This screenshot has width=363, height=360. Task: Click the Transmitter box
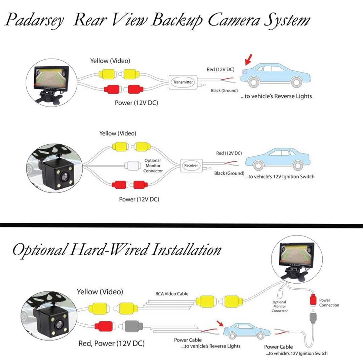point(183,82)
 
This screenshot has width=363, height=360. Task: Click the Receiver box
point(191,165)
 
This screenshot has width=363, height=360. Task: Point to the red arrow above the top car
point(248,60)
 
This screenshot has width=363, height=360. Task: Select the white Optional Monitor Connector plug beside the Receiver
point(133,166)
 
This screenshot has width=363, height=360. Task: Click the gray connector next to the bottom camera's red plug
point(131,326)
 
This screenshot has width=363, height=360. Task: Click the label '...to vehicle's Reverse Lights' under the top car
point(276,96)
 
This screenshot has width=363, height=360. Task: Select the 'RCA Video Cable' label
point(172,294)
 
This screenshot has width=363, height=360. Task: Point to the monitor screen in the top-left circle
point(51,76)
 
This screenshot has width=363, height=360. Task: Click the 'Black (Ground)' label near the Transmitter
point(224,91)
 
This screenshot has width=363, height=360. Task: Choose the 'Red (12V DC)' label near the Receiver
point(229,153)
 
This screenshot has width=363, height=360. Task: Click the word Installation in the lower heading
point(186,250)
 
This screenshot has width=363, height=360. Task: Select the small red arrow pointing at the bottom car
point(220,323)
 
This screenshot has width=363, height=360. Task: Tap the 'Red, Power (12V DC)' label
point(111,343)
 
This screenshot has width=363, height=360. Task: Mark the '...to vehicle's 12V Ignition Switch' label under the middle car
point(280,177)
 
